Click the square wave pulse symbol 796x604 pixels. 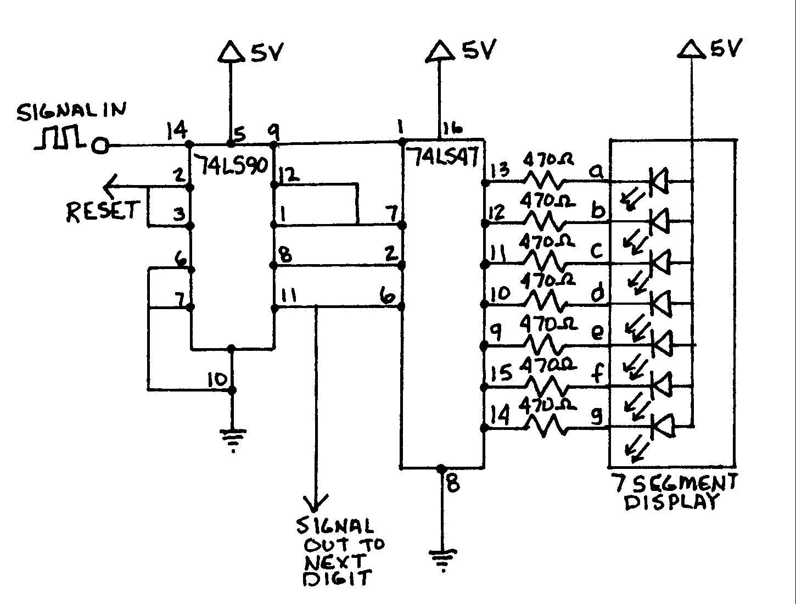(59, 137)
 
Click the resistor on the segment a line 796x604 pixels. (543, 180)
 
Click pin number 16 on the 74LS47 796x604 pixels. (451, 129)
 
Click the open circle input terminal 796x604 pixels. (100, 146)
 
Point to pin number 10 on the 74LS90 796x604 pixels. (217, 379)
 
